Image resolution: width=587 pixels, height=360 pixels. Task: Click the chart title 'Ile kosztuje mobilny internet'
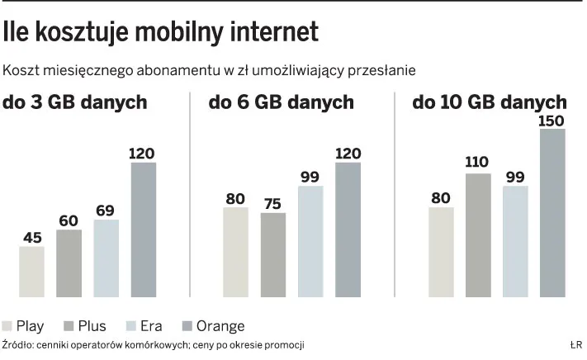point(160,32)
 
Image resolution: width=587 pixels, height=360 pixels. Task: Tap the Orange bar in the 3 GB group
point(143,229)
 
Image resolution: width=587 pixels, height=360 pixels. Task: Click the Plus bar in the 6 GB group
point(272,254)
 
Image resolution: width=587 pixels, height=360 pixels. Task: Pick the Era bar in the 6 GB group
point(310,240)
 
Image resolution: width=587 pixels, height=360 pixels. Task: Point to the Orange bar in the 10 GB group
point(552,212)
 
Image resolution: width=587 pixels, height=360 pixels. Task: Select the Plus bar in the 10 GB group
point(477,234)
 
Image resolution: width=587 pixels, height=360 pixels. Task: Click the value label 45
point(32,238)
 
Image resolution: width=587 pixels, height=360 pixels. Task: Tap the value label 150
point(551,121)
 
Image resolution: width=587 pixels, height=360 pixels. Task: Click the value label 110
point(477,163)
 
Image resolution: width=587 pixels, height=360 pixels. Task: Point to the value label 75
point(272,204)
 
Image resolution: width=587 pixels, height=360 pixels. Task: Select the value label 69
point(106,211)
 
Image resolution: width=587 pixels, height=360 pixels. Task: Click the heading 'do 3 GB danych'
point(75,103)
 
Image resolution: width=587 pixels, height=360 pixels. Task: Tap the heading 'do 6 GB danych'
point(281,103)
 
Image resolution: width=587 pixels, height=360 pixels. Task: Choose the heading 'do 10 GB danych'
point(489,103)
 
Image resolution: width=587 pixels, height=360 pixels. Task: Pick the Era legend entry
point(152,326)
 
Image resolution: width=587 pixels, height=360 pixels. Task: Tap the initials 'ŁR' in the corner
point(575,344)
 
